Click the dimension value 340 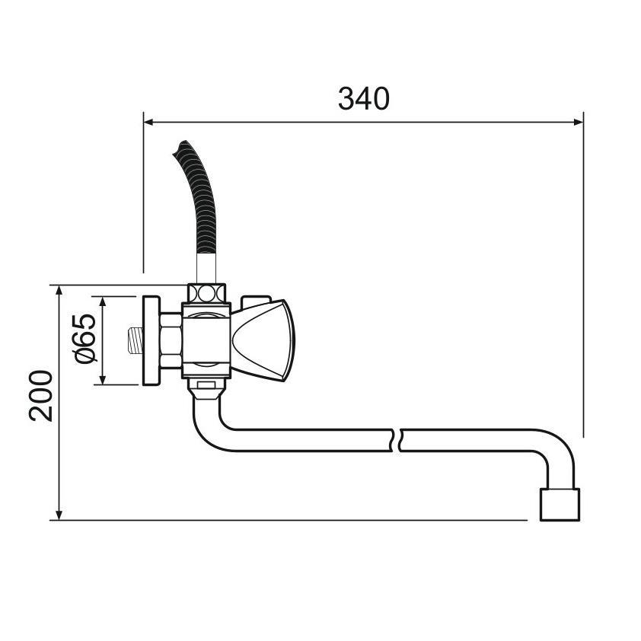pyautogui.click(x=363, y=99)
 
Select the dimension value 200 pyautogui.click(x=41, y=395)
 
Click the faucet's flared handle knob pyautogui.click(x=262, y=340)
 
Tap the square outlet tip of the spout pyautogui.click(x=560, y=505)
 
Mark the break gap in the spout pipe pyautogui.click(x=398, y=440)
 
